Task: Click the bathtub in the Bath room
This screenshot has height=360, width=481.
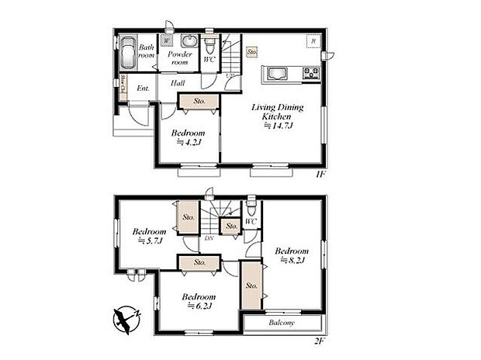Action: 125,54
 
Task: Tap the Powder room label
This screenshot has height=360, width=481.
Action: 180,55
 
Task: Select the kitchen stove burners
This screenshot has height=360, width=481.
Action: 312,74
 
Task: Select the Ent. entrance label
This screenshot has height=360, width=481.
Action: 144,88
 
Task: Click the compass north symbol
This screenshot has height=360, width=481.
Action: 124,319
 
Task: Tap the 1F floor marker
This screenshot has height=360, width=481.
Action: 320,174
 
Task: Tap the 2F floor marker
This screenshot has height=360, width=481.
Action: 319,341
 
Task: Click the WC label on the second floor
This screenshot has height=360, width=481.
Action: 250,223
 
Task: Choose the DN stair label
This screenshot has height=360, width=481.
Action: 209,238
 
